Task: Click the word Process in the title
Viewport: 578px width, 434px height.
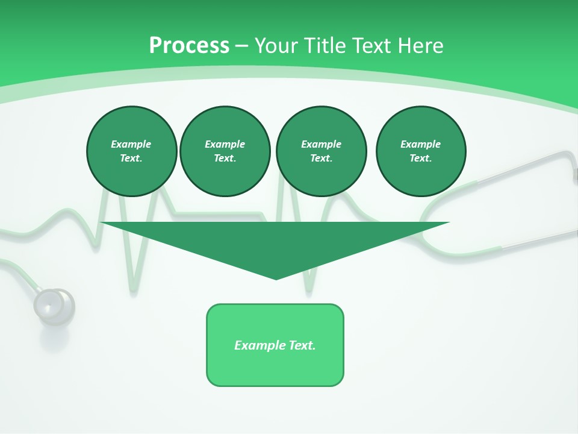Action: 189,46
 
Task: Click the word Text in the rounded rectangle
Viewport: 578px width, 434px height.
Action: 302,345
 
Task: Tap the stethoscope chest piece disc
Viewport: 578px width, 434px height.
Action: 54,306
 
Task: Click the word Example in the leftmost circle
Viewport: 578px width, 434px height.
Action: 131,144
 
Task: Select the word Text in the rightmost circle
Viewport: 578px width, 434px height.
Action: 420,159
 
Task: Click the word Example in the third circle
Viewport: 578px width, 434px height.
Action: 321,144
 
